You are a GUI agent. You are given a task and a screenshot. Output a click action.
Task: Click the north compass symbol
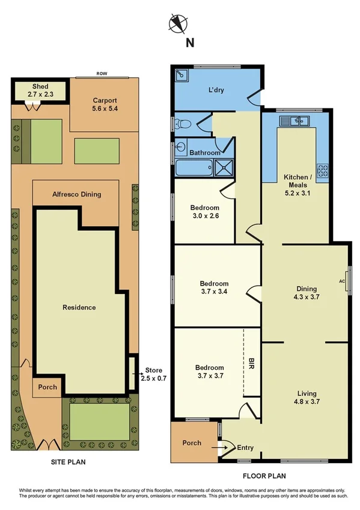(x=177, y=23)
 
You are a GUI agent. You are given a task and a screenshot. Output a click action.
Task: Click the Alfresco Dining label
(x=76, y=194)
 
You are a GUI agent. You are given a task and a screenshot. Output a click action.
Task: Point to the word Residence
(x=79, y=307)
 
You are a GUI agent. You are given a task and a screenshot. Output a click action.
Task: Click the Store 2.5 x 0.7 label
(x=154, y=374)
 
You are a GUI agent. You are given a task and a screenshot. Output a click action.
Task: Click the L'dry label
(x=216, y=90)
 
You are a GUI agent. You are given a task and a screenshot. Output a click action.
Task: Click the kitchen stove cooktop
(x=323, y=171)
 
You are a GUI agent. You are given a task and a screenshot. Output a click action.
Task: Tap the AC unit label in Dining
(x=342, y=281)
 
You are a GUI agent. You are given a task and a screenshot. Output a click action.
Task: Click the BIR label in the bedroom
(x=251, y=363)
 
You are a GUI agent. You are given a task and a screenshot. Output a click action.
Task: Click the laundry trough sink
(x=181, y=76)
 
